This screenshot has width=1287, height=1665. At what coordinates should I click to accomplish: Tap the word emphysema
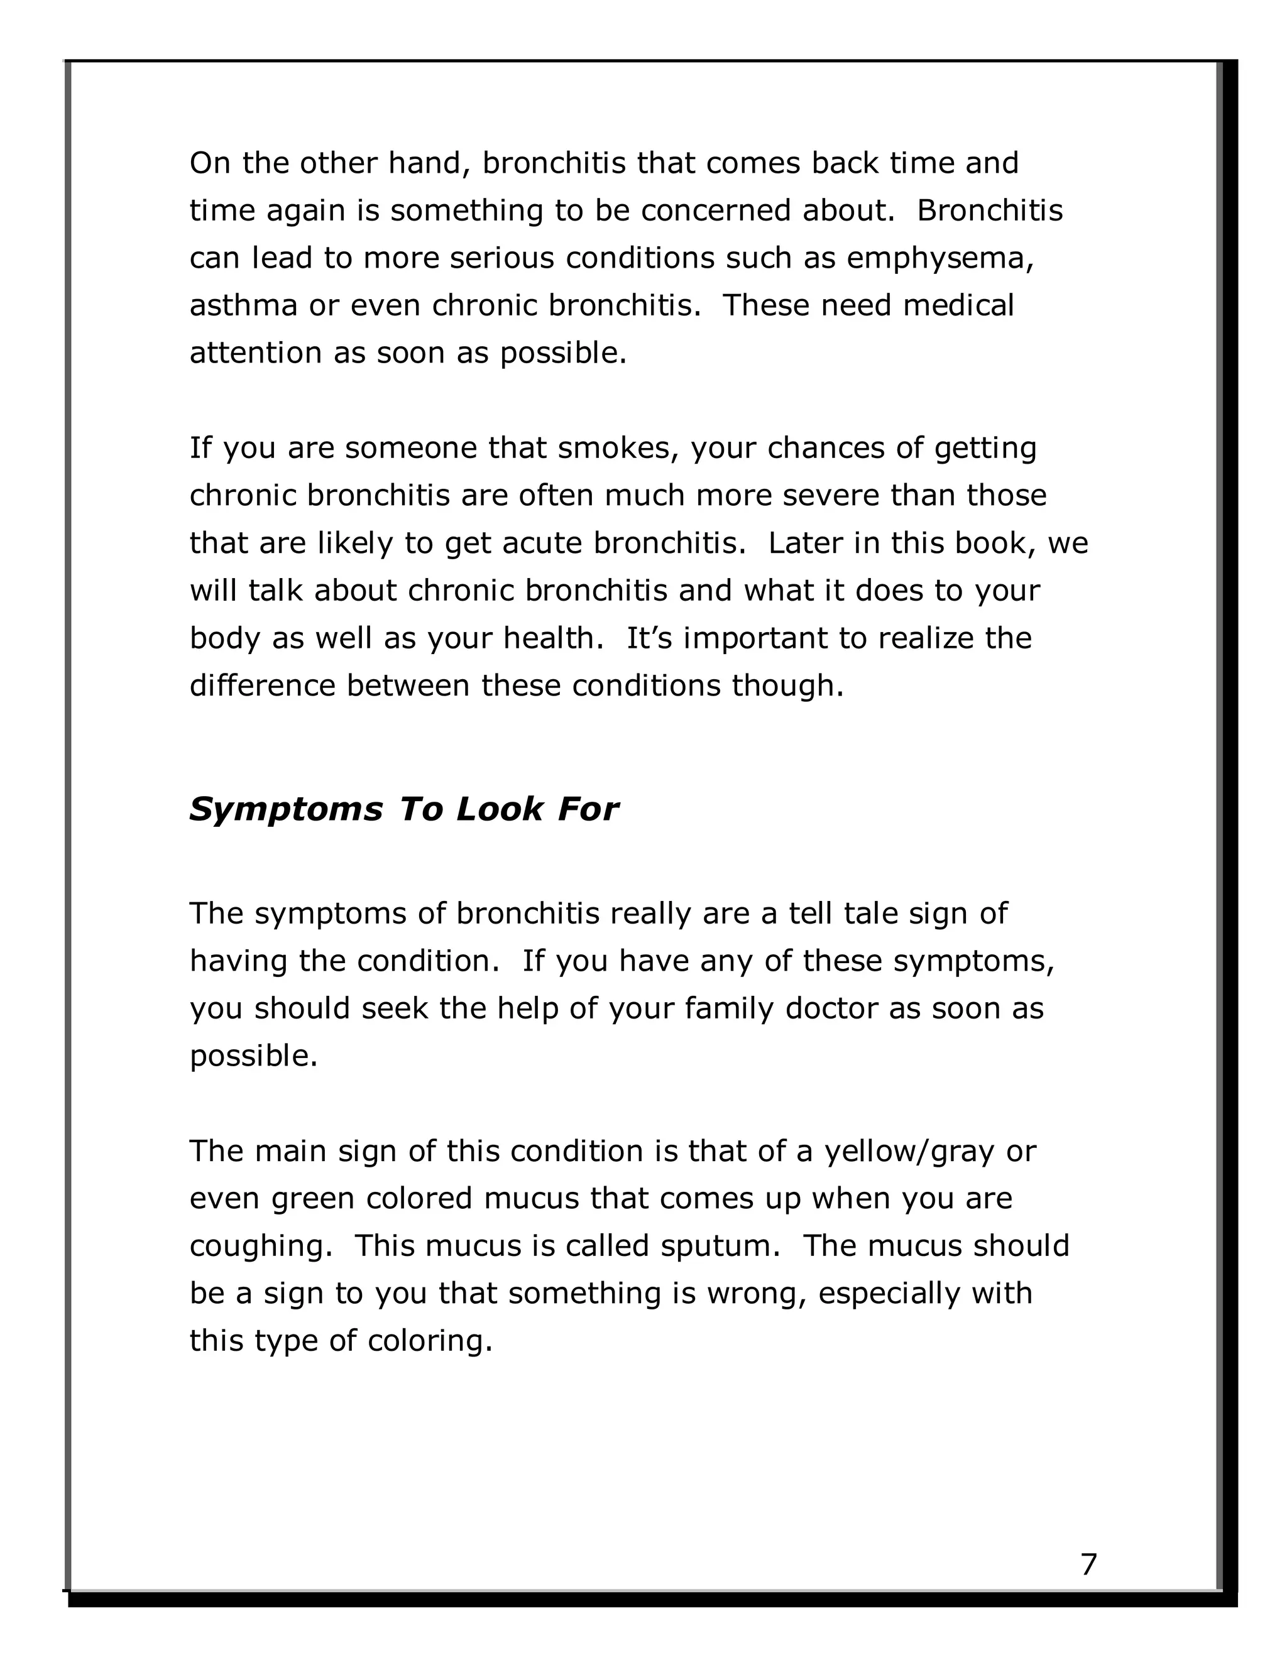[x=939, y=258]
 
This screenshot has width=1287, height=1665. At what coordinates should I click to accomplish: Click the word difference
[x=261, y=686]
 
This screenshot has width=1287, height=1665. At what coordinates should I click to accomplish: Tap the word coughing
[x=260, y=1247]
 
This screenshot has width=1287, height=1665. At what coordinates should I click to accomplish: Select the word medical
[x=958, y=306]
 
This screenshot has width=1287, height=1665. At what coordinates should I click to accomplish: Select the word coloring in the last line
[x=429, y=1341]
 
